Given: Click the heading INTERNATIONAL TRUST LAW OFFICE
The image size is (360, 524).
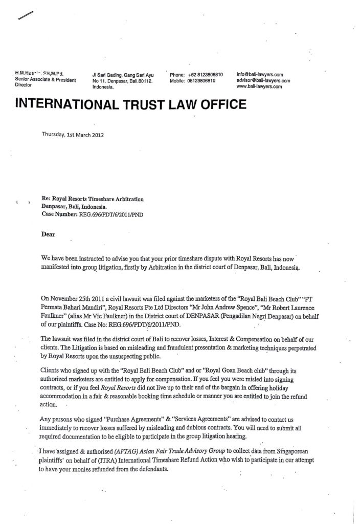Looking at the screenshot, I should click(132, 105).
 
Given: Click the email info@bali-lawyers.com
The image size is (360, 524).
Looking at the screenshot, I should click(260, 74).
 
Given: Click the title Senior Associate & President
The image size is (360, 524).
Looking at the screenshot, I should click(46, 80).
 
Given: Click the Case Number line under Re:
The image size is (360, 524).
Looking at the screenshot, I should click(92, 215).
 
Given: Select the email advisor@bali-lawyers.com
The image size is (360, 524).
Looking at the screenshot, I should click(263, 81).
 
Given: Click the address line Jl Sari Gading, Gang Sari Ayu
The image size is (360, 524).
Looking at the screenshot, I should click(122, 74).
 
